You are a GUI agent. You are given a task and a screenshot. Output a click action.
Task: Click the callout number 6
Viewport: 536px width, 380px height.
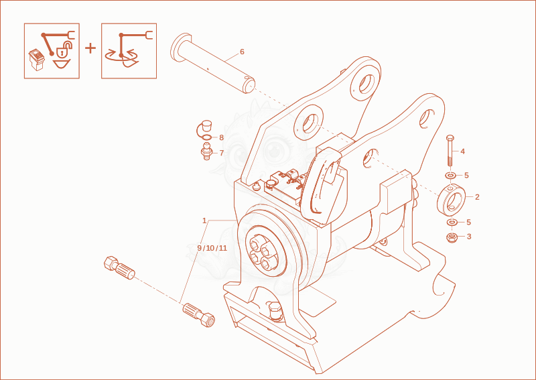242,52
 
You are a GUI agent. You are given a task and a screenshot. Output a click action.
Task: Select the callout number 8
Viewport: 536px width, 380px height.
221,137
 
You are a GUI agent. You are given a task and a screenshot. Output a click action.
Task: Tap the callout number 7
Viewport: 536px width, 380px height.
222,153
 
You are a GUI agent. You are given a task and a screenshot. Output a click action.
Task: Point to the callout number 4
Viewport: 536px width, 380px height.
462,151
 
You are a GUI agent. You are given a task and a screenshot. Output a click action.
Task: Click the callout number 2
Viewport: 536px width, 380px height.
477,196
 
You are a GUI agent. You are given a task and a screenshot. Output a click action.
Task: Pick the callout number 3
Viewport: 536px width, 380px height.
469,237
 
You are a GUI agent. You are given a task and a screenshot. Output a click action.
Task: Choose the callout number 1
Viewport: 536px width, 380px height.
204,220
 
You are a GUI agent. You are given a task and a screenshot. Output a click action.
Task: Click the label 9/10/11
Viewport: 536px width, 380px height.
212,248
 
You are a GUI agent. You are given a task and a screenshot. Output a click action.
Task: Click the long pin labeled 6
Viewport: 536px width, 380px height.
213,63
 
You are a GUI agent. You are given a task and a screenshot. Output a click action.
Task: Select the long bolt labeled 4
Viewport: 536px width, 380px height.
450,151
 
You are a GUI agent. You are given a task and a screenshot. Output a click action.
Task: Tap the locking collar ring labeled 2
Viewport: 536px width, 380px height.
451,200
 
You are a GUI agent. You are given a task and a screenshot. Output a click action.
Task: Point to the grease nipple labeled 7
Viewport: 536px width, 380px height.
206,152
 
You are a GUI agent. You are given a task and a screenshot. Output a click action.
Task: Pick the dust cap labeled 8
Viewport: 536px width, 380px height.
204,130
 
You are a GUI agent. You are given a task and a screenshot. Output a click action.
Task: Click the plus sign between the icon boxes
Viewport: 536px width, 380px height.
90,48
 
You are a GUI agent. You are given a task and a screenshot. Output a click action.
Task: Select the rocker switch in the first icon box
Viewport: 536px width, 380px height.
37,60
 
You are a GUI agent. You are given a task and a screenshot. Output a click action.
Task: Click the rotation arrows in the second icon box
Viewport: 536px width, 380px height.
122,58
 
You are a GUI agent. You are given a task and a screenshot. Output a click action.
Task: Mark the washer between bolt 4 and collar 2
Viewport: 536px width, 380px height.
450,176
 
